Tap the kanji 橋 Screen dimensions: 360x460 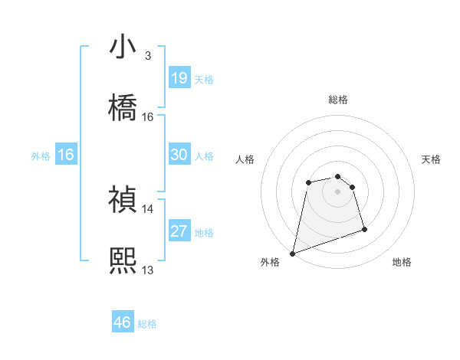(x=123, y=109)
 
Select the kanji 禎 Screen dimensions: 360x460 (x=123, y=200)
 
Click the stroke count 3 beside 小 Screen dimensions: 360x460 (x=147, y=56)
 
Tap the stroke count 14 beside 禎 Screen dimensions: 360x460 (x=147, y=208)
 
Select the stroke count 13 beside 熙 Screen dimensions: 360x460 (x=147, y=270)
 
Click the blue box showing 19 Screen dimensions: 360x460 (x=179, y=77)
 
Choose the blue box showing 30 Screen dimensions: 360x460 (x=179, y=155)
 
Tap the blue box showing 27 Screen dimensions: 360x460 (x=179, y=231)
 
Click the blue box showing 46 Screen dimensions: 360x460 (x=122, y=322)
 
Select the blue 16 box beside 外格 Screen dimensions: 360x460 (x=65, y=155)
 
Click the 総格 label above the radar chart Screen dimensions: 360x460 (x=338, y=100)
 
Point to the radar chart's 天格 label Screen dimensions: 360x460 (x=432, y=159)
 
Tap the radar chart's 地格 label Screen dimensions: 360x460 (x=402, y=263)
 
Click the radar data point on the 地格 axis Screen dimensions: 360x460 (x=364, y=229)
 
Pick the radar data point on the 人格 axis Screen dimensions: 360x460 (x=308, y=182)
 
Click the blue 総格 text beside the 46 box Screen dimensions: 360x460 (x=147, y=324)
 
